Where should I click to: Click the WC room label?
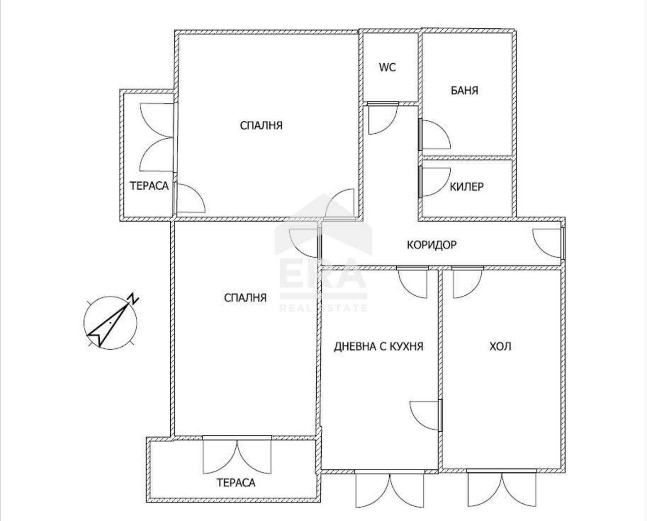(387, 67)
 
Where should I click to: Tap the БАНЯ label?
(465, 90)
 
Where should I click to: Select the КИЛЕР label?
(467, 187)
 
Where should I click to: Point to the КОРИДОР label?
(432, 245)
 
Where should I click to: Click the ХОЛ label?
(500, 346)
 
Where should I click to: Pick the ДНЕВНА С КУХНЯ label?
(378, 346)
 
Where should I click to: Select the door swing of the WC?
(382, 118)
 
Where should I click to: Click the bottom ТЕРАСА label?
(236, 482)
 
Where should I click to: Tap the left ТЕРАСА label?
(149, 186)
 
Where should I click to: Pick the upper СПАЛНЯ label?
(261, 125)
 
